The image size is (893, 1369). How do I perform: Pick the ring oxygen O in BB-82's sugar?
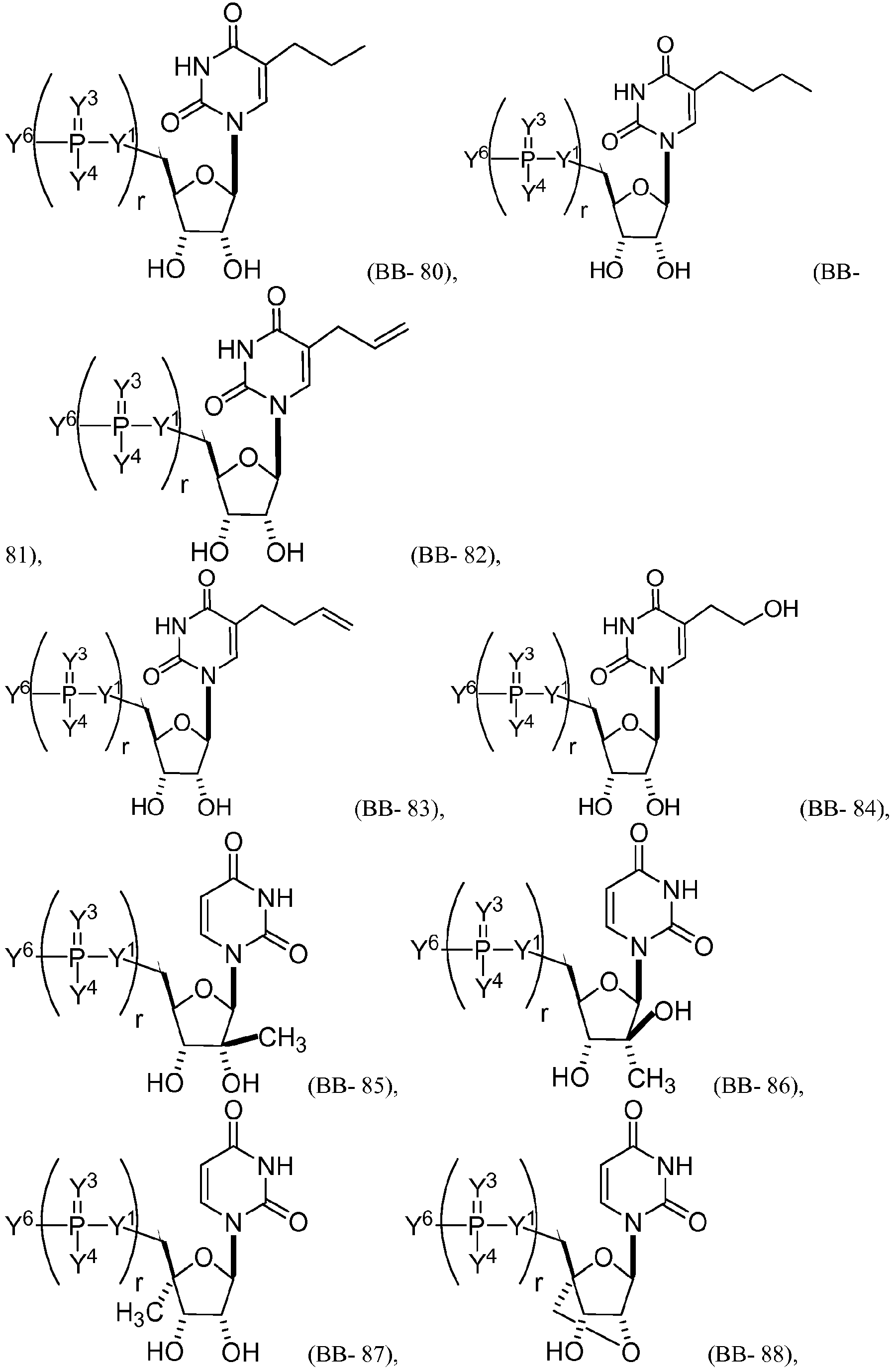(x=249, y=459)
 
